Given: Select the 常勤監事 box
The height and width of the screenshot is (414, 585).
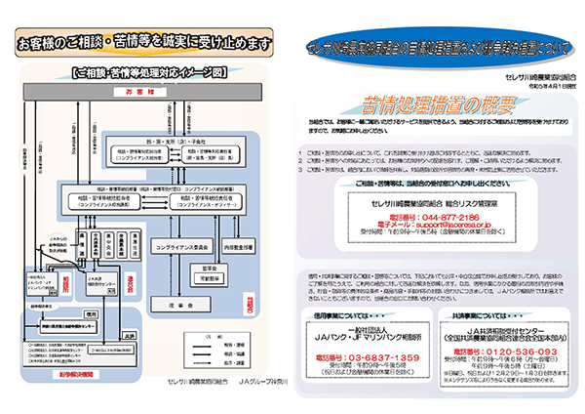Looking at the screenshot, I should tap(209, 278).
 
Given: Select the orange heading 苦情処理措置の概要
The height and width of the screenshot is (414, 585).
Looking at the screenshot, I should tap(421, 105).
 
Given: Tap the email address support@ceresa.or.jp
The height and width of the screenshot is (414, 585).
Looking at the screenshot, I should tap(436, 223).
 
